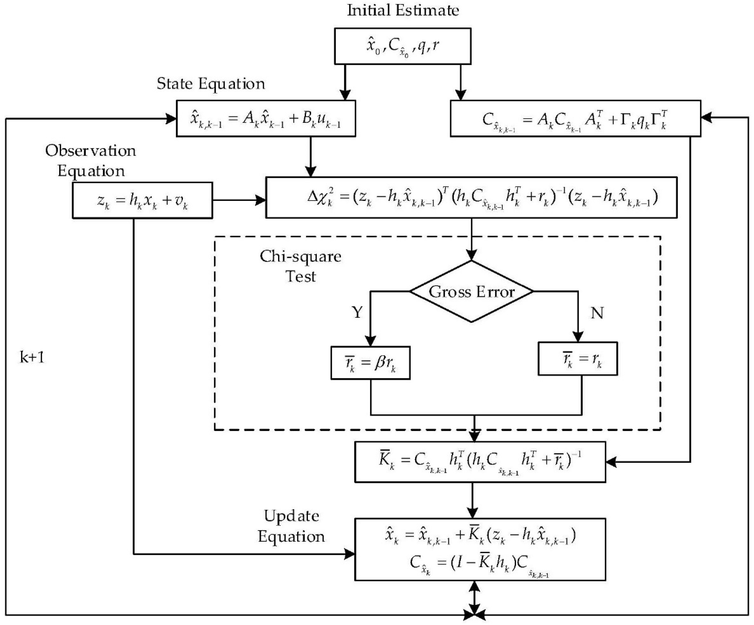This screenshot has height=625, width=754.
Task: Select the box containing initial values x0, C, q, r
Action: coord(403,46)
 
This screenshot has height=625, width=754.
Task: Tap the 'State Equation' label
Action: coord(211,84)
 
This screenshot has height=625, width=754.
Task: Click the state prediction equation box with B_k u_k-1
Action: coord(266,118)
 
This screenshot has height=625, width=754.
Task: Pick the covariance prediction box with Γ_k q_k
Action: coord(575,118)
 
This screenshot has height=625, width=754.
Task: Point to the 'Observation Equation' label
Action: coord(91,161)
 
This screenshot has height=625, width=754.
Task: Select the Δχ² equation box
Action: coord(471,198)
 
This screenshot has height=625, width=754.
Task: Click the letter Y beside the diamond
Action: coord(357,312)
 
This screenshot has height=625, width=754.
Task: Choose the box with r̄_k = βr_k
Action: coord(370,363)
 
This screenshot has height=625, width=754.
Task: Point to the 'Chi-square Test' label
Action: coord(300,267)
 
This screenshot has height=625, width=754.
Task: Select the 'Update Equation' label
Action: coord(291,526)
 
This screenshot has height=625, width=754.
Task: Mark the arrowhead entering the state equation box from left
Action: coord(171,118)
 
